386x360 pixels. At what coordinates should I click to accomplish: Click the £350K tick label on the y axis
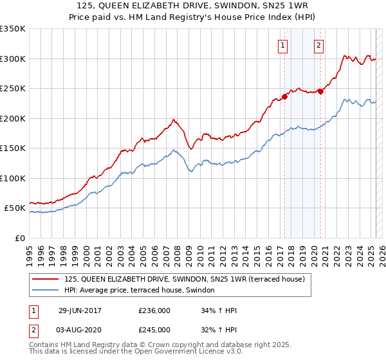(13, 30)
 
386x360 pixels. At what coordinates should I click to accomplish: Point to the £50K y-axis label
(15, 209)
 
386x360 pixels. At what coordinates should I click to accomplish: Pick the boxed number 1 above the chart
(283, 45)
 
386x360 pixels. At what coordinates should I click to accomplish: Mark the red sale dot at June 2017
(284, 97)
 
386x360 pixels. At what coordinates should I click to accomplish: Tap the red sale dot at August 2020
(320, 91)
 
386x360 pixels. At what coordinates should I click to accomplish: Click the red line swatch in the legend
(46, 279)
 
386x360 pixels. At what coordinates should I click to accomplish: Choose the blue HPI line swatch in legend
(46, 290)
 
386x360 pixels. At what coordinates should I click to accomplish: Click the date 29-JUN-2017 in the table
(80, 310)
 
